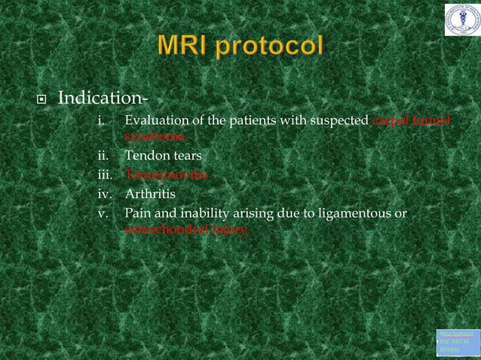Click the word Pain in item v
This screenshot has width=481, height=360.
137,213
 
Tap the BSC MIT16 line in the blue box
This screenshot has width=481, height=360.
456,341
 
